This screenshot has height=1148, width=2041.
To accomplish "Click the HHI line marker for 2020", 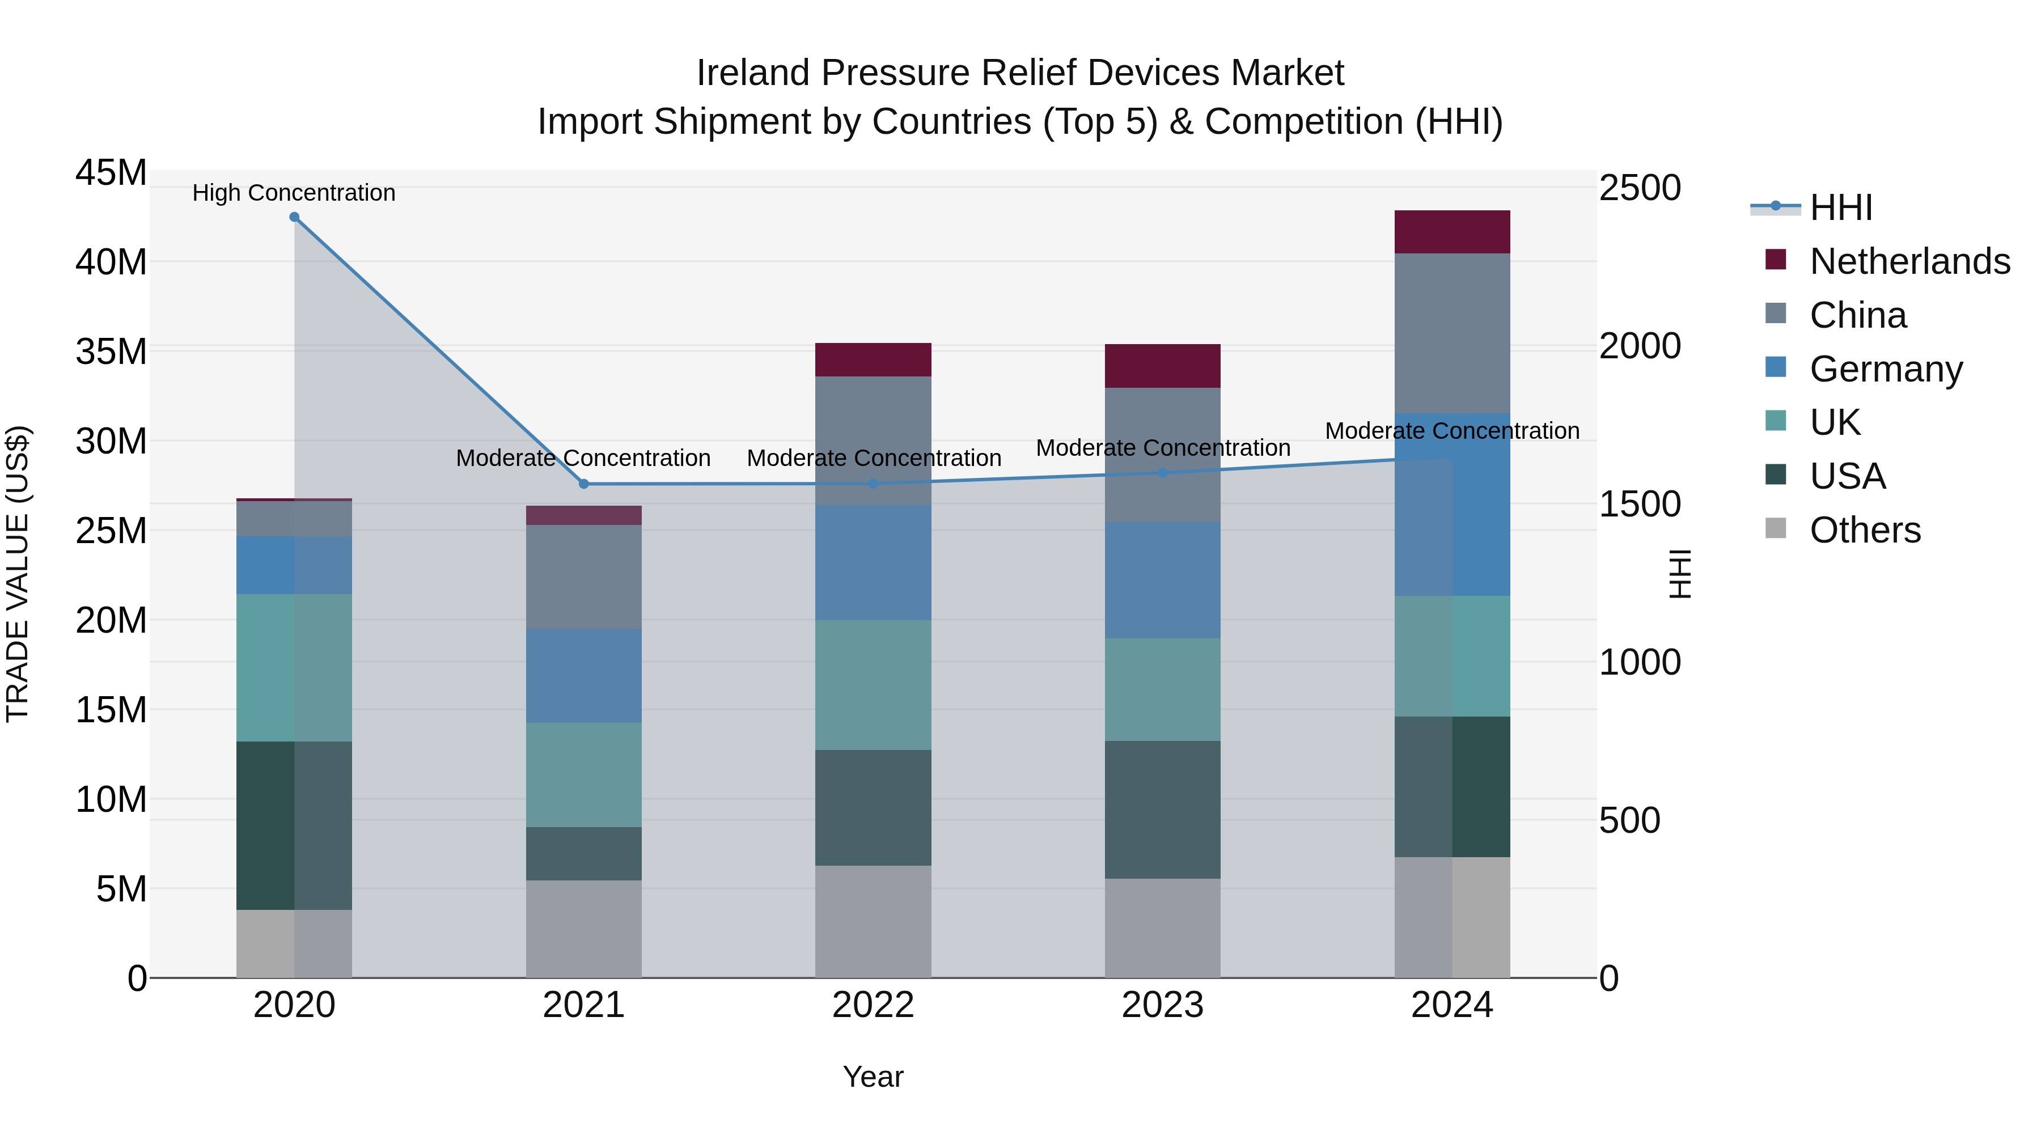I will point(294,217).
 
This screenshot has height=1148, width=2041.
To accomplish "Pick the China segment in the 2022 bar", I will point(873,440).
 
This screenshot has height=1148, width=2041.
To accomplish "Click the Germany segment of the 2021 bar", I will point(584,676).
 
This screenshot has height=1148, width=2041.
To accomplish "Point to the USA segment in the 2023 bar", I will point(1162,810).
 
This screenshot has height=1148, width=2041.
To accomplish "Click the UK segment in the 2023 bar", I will point(1162,689).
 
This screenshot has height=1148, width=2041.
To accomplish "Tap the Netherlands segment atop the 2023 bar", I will point(1162,366).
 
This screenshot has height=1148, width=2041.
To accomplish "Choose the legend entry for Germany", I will point(1885,369).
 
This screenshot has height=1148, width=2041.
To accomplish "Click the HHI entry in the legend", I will point(1840,207).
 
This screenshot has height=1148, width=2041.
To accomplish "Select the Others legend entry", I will point(1864,530).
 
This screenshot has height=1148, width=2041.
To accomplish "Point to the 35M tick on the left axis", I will point(111,351).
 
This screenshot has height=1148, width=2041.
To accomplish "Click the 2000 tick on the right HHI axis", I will point(1639,346).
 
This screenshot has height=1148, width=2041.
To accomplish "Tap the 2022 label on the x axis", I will point(873,1005).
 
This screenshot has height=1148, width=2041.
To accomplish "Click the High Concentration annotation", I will point(294,193).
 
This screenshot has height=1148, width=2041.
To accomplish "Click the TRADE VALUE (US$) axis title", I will point(18,574).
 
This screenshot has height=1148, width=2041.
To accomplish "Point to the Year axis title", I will point(873,1077).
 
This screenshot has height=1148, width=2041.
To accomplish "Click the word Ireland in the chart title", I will point(753,73).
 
